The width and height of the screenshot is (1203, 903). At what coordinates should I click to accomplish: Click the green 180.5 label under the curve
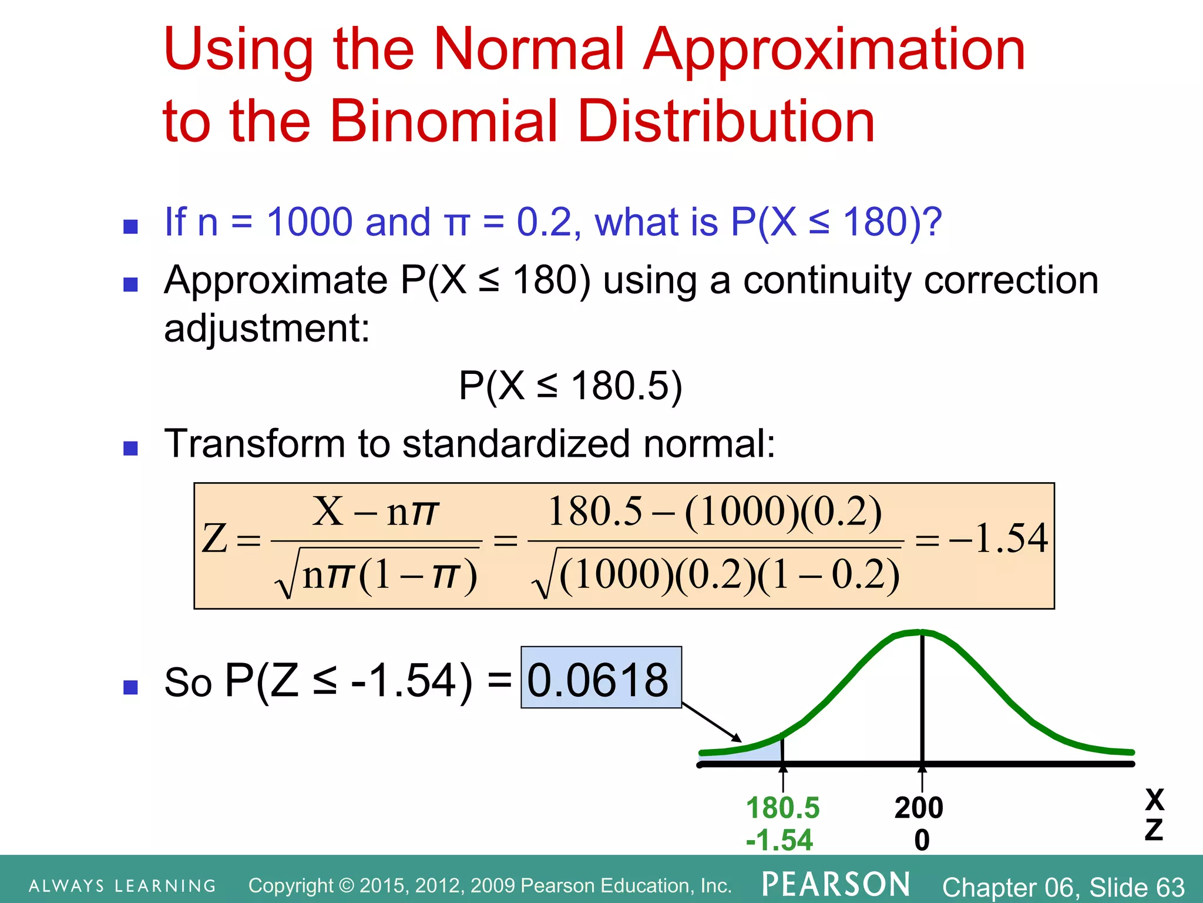tap(782, 808)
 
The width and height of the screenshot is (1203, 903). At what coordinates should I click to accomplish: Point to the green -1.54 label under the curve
tap(779, 840)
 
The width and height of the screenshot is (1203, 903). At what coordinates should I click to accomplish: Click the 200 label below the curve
tap(919, 808)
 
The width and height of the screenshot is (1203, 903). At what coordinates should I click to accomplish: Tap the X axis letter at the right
tap(1154, 800)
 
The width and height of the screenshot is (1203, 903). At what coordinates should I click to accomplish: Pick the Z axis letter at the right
tap(1154, 830)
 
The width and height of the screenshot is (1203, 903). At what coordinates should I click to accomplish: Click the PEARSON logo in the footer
tap(836, 885)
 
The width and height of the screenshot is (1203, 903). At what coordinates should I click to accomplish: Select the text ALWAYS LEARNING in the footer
tap(123, 886)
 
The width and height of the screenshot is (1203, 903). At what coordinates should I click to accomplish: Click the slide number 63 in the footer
tap(1170, 887)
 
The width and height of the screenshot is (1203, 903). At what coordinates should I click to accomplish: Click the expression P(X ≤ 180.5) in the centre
tap(570, 386)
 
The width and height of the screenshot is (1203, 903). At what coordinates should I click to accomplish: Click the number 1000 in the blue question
tap(310, 222)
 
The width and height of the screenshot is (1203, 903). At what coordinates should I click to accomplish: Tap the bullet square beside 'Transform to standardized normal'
tap(130, 449)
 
